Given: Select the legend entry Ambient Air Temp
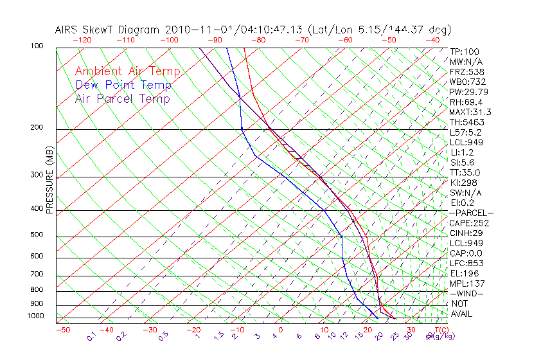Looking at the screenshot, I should [127, 71].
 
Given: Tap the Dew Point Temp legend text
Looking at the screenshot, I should [123, 85].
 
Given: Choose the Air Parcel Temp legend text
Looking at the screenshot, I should [122, 98].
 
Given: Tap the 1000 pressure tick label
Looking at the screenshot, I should [36, 316].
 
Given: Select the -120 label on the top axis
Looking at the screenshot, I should [82, 40].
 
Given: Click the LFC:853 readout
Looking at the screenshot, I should [466, 264].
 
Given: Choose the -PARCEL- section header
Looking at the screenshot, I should [471, 213].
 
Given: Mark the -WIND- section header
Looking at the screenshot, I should [467, 293].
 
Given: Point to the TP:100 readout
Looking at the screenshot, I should [465, 51].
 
